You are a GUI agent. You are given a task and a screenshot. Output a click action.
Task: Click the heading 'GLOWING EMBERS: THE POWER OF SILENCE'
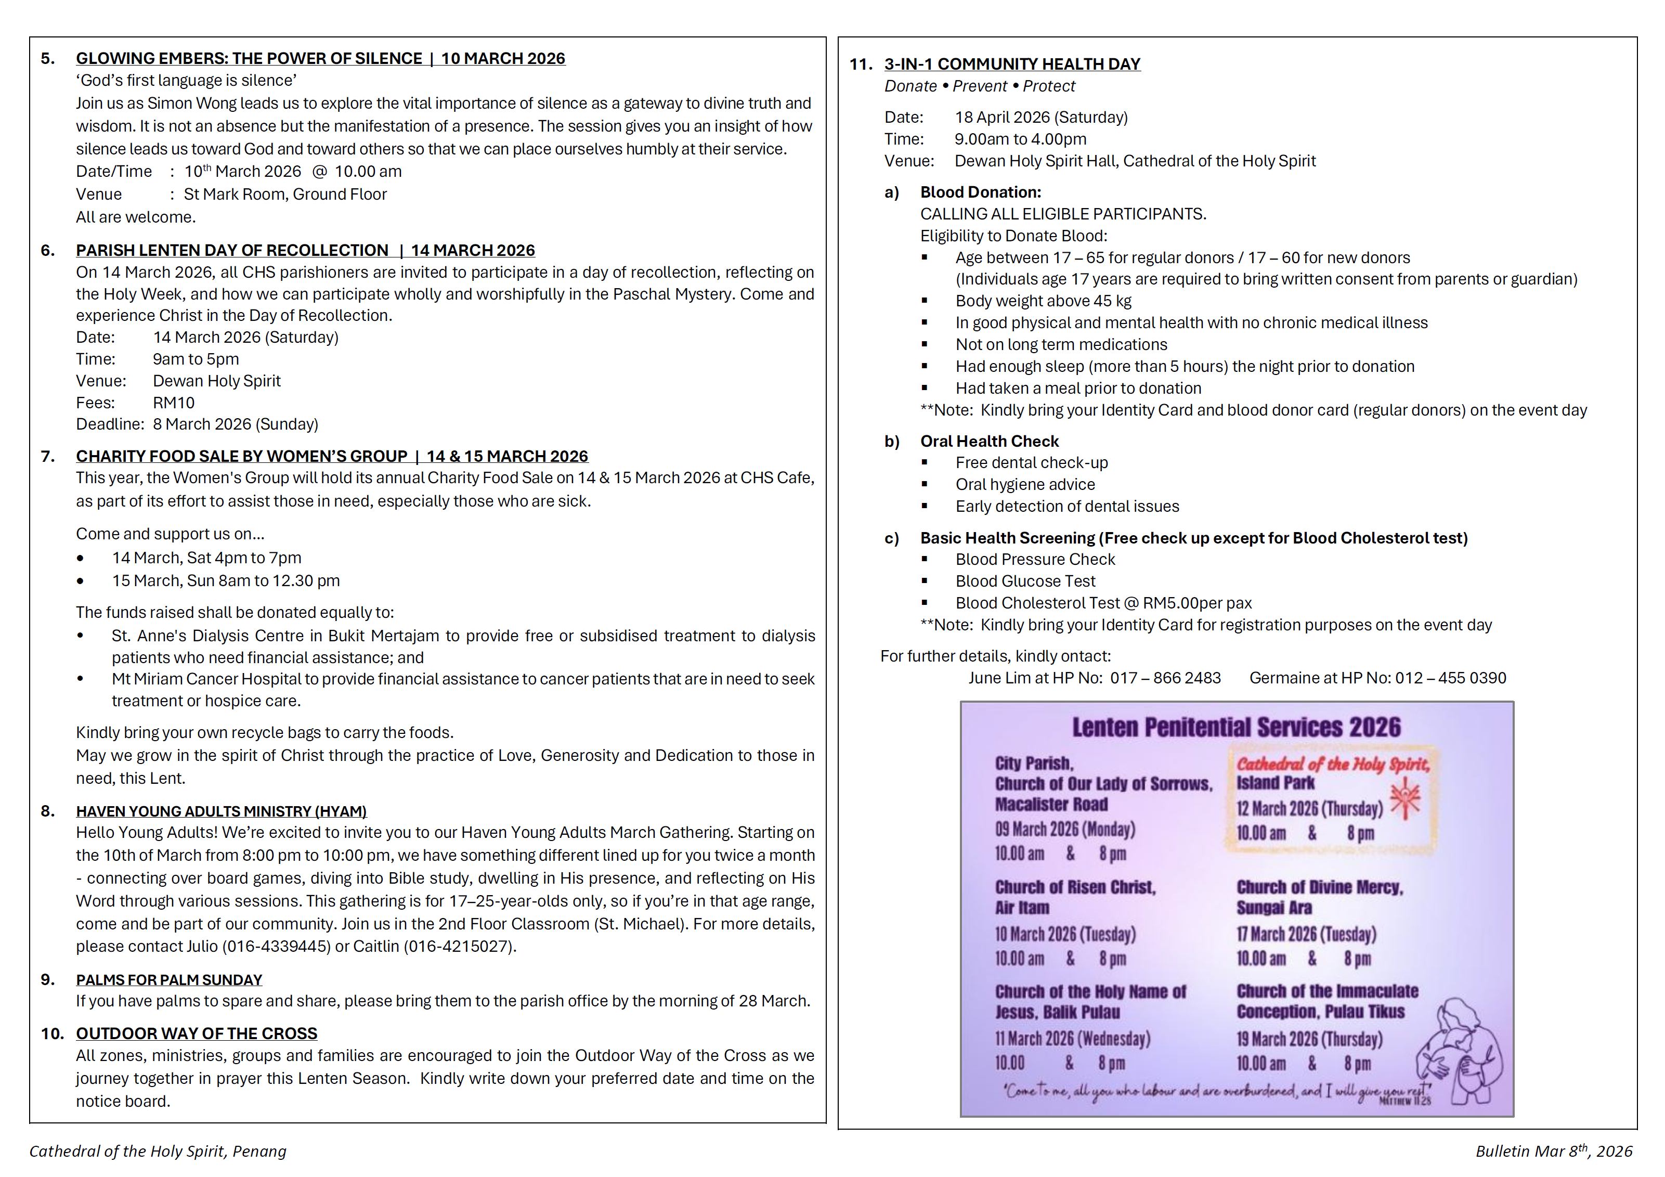(249, 59)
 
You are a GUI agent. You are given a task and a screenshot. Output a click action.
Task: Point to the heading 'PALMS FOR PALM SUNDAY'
(169, 980)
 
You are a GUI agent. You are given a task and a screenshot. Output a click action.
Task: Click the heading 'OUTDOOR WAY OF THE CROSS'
(197, 1033)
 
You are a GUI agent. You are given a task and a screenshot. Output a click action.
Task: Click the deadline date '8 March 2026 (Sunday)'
(235, 424)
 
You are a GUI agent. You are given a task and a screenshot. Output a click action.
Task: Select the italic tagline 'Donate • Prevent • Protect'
(979, 86)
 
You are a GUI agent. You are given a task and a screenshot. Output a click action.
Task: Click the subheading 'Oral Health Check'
(989, 441)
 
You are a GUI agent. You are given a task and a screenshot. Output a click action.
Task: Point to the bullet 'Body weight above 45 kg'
(1043, 301)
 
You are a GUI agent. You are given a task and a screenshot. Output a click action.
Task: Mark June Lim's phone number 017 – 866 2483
(1165, 678)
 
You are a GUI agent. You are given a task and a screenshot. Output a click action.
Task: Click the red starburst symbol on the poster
(1406, 798)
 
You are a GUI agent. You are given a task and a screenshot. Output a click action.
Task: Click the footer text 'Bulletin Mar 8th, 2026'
(1553, 1152)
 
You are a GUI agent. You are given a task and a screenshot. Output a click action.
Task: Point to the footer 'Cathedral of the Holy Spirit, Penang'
(158, 1152)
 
